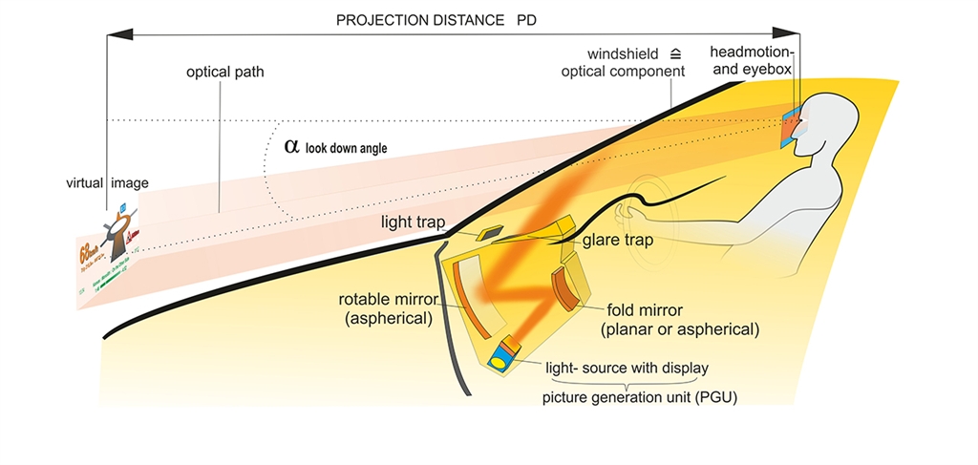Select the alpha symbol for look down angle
pos(291,146)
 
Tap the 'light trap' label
pos(411,222)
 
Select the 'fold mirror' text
pos(648,311)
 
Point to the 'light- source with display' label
pos(626,367)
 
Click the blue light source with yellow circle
pos(500,361)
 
